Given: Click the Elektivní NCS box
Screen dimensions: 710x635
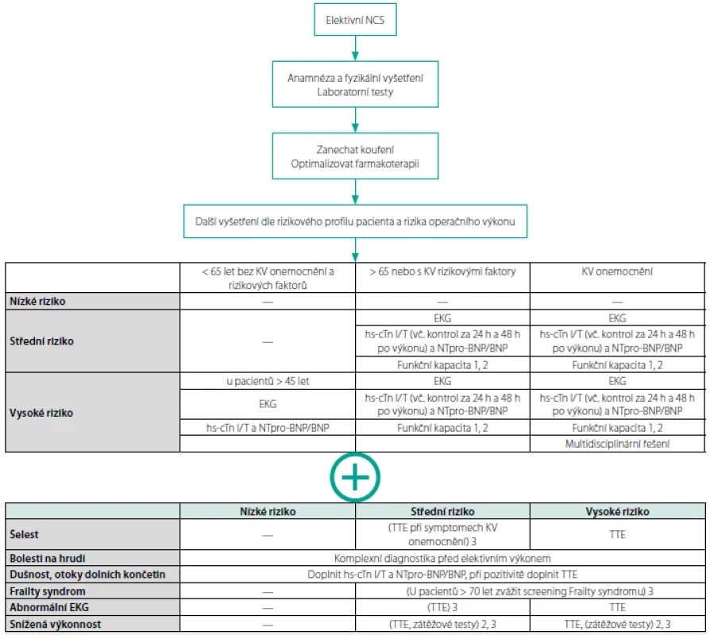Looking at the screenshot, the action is (355, 20).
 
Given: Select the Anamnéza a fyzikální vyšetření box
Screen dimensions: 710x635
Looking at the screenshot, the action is (355, 84).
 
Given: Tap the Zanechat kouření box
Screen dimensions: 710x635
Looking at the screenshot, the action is (355, 156).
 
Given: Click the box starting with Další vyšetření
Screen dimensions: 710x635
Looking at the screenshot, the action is (355, 221).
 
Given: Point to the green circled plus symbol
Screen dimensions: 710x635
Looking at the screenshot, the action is (355, 477).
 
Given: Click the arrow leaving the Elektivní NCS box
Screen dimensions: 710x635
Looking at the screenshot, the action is (355, 48).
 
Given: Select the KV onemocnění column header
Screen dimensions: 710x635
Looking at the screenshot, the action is (617, 271).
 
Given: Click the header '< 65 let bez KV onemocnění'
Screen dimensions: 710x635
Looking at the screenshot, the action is (268, 278).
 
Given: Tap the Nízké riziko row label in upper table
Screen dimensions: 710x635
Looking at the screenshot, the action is (37, 302).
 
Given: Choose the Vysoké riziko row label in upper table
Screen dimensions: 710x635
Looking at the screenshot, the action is (41, 413).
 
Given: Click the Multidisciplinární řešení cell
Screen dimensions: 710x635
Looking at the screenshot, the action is (617, 444).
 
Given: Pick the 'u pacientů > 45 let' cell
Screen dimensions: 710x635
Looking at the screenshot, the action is (268, 381).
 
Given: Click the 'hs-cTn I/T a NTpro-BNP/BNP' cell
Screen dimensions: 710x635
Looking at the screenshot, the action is (268, 428).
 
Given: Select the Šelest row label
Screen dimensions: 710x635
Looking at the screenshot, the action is (24, 534).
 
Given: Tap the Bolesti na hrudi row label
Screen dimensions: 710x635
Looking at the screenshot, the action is (48, 558).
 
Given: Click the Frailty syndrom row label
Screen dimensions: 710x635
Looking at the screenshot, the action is (48, 591).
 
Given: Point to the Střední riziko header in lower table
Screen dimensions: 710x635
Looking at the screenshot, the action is (442, 511).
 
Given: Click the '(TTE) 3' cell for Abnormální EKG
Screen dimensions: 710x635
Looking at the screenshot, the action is (442, 607).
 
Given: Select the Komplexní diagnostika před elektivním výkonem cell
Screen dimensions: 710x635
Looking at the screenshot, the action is (442, 559).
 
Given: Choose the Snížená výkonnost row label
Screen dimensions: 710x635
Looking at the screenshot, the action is (56, 624).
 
